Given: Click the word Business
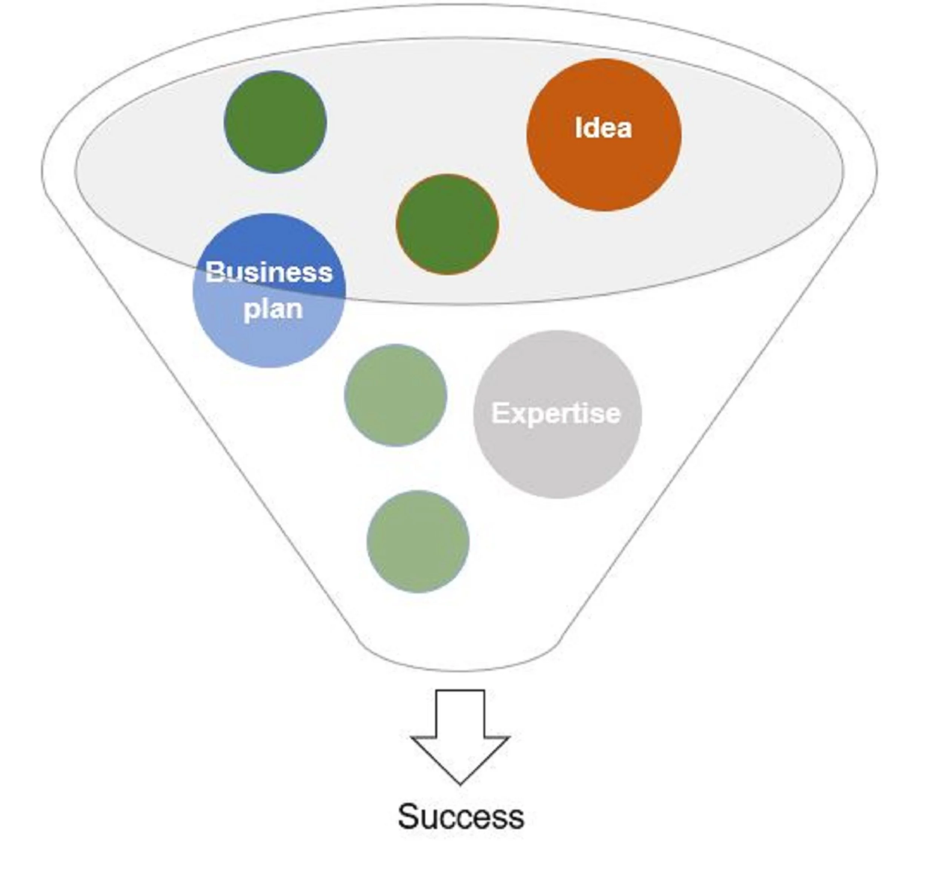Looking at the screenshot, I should click(x=269, y=272).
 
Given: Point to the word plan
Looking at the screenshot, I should click(x=273, y=309).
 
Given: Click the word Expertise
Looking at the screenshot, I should click(x=556, y=414).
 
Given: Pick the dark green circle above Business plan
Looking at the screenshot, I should click(x=275, y=122).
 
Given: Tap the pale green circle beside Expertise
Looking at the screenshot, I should click(x=396, y=395).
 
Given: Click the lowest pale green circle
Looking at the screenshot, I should click(x=418, y=541).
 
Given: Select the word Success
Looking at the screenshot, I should click(x=461, y=816).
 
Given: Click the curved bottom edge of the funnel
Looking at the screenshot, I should click(x=459, y=670).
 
